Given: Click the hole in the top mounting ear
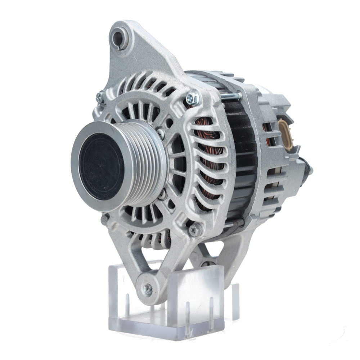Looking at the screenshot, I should pos(118,37).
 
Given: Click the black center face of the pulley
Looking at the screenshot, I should pos(102,166).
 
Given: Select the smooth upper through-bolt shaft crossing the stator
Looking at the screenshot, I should pos(230,96).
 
